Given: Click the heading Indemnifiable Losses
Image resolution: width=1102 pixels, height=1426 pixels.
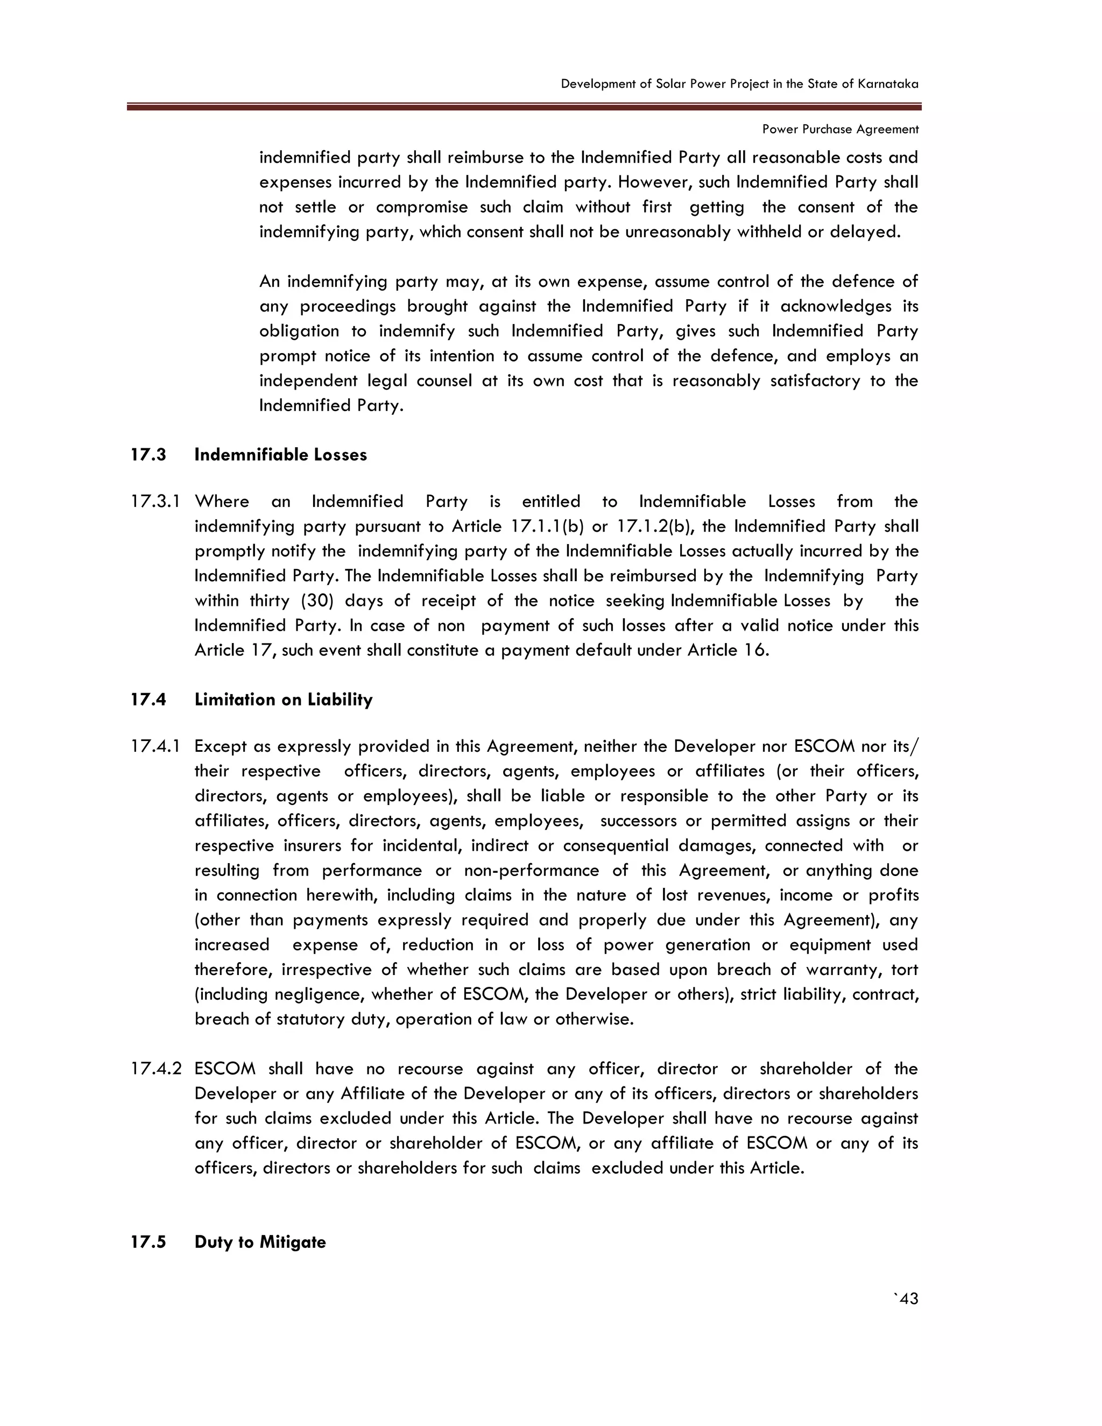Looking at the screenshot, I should point(281,455).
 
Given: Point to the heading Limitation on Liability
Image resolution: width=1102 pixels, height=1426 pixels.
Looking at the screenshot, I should point(284,700).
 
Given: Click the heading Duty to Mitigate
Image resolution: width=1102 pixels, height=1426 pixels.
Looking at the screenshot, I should point(260,1242).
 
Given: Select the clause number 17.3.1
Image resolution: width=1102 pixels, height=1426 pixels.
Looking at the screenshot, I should point(156,502).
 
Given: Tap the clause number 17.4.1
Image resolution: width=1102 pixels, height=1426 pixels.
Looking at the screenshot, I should point(156,746).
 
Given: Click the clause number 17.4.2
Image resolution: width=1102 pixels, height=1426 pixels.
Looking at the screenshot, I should point(156,1069).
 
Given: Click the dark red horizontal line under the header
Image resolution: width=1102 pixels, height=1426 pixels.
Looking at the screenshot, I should point(524,107).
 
